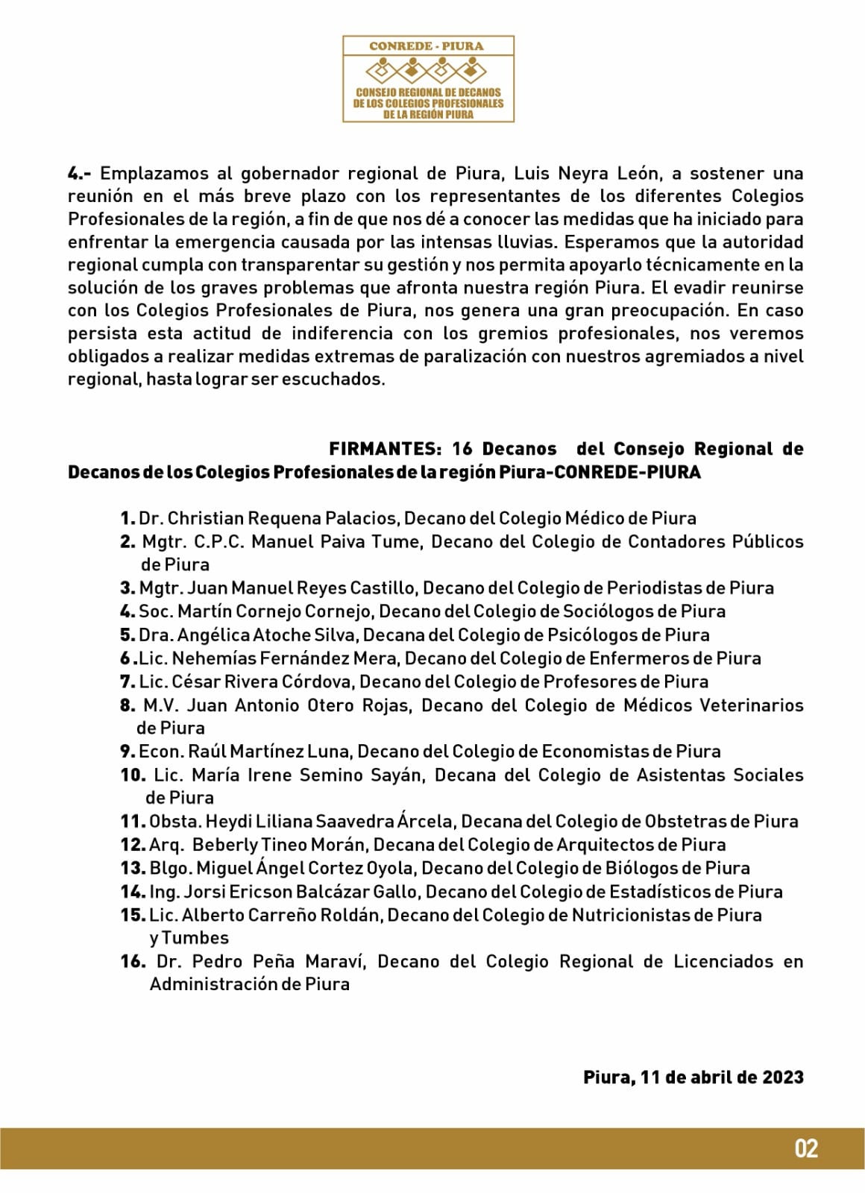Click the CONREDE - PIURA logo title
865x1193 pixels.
(x=427, y=46)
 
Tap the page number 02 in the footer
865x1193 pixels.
(x=806, y=1148)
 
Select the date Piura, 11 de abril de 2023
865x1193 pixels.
(x=693, y=1077)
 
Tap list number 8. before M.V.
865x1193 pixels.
(x=128, y=705)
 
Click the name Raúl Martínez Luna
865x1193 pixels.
(x=270, y=752)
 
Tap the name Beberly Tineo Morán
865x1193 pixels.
(x=280, y=845)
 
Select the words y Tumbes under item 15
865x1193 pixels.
(x=189, y=938)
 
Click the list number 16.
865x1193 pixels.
(x=133, y=962)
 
